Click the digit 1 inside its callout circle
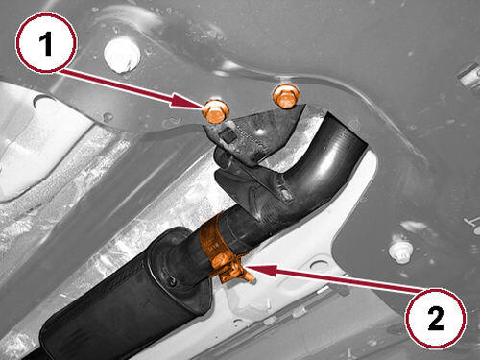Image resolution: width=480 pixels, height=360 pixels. (46, 44)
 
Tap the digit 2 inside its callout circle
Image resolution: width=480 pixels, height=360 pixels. (436, 318)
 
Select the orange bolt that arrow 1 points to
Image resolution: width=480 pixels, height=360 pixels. (216, 110)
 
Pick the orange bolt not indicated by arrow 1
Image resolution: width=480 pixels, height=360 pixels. (286, 96)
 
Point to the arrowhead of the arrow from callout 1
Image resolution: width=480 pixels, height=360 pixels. (188, 102)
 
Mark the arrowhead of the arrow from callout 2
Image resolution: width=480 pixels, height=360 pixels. (261, 271)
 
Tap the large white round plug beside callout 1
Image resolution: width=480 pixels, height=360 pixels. (122, 56)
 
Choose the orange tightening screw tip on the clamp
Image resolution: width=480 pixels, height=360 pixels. (250, 276)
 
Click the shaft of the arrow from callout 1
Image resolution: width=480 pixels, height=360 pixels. (117, 84)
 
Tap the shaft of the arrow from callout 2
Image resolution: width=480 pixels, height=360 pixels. (348, 281)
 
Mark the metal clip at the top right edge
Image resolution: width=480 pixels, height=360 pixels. (469, 76)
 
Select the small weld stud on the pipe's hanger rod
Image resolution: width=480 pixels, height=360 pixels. (285, 194)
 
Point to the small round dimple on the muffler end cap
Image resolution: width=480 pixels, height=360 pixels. (172, 281)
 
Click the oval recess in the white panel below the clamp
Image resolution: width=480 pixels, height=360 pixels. (318, 265)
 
